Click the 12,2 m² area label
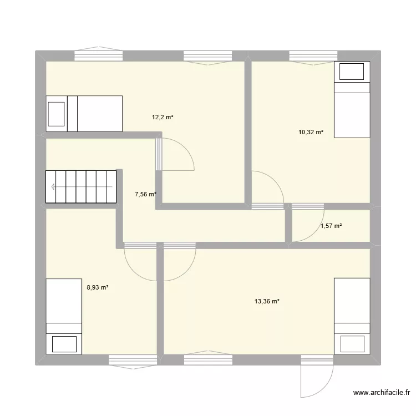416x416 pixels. (x=163, y=117)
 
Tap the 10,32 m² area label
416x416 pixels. (x=311, y=132)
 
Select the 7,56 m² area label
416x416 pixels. (x=145, y=194)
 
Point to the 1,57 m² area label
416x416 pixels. (x=331, y=226)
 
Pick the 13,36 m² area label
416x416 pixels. (x=266, y=301)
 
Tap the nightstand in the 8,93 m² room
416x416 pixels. (x=64, y=344)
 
